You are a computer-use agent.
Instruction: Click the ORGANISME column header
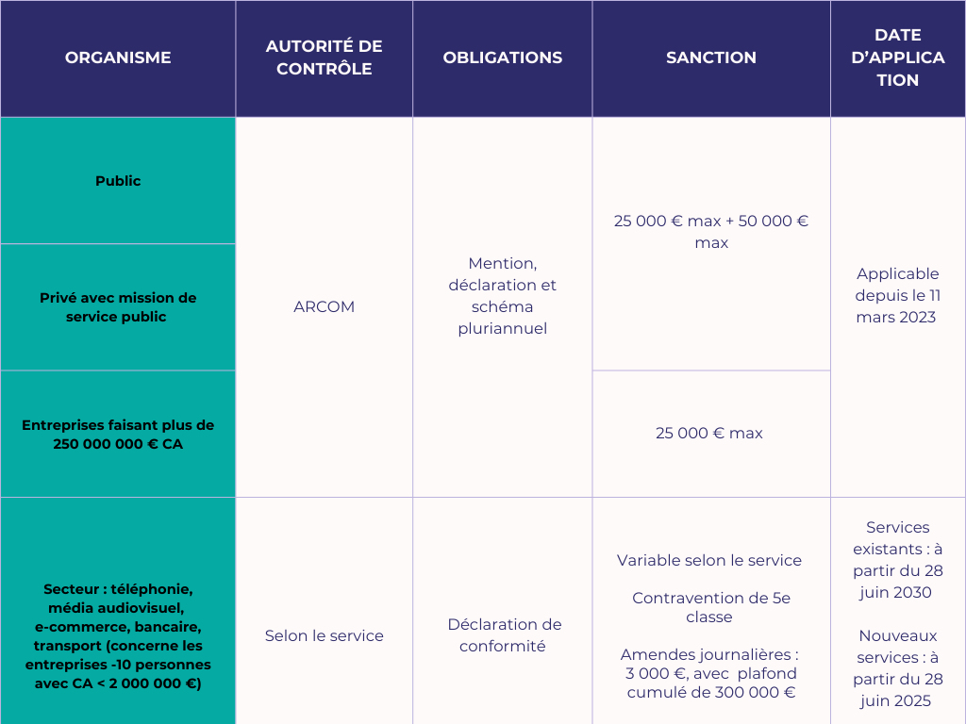click(x=118, y=58)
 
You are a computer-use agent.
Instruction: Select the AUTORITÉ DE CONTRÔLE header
click(x=324, y=58)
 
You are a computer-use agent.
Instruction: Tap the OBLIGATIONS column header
click(x=502, y=58)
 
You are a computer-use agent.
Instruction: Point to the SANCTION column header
click(x=711, y=58)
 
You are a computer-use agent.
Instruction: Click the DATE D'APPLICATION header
click(x=898, y=58)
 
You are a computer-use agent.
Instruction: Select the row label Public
click(x=118, y=181)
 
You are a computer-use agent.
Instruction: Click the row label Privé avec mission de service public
click(x=118, y=307)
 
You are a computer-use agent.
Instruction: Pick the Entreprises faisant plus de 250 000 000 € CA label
click(x=118, y=434)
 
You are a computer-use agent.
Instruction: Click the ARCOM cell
click(x=324, y=307)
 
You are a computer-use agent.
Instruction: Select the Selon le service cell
click(x=324, y=635)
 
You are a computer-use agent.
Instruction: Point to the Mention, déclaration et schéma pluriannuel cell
click(x=502, y=296)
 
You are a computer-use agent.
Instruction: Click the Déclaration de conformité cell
click(x=502, y=635)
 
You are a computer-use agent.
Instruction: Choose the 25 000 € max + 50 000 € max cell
click(x=711, y=232)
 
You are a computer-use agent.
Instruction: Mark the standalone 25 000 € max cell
click(x=709, y=434)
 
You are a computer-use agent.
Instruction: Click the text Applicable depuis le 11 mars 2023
click(x=898, y=296)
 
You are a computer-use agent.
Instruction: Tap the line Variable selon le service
click(x=709, y=560)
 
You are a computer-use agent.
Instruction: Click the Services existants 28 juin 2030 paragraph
click(x=898, y=560)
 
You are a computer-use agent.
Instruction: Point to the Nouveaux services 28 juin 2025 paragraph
click(x=898, y=668)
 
